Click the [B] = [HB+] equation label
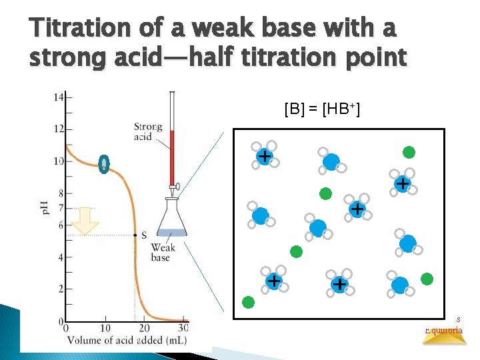pyautogui.click(x=322, y=108)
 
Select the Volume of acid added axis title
pyautogui.click(x=127, y=341)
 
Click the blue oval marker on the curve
pyautogui.click(x=103, y=163)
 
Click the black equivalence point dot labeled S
pyautogui.click(x=135, y=235)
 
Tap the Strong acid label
pyautogui.click(x=147, y=131)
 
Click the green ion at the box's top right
pyautogui.click(x=409, y=152)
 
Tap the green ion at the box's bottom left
pyautogui.click(x=248, y=303)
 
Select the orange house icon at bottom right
pyautogui.click(x=445, y=337)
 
